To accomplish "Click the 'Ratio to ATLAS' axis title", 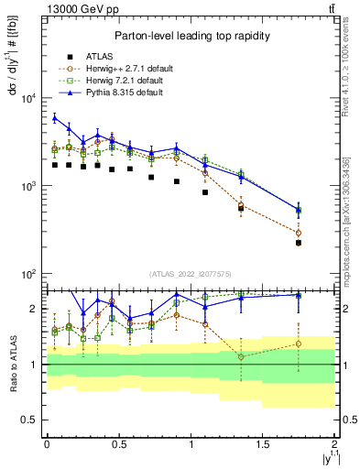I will tap(12, 365).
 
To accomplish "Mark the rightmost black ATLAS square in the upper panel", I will tap(299, 243).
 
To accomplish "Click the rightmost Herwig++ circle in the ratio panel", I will tap(299, 344).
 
